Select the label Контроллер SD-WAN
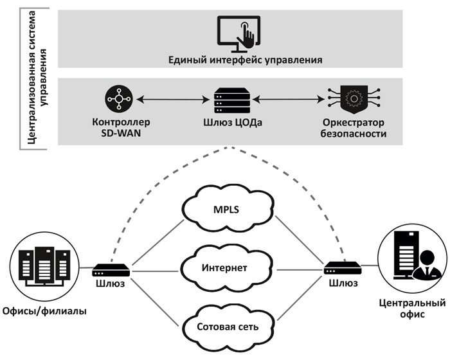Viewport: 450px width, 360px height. click(117, 128)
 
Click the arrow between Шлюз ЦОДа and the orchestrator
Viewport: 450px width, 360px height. click(287, 100)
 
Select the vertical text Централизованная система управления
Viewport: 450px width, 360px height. click(37, 77)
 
